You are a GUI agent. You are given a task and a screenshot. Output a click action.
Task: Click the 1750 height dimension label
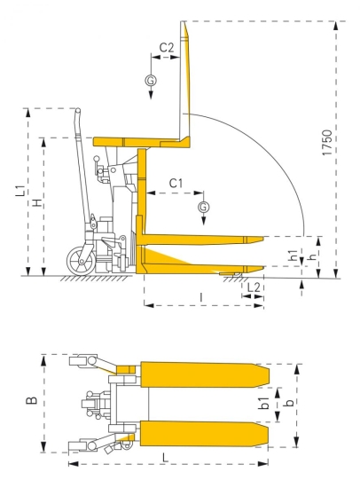click(327, 146)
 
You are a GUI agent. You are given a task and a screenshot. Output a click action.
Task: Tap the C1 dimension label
click(175, 183)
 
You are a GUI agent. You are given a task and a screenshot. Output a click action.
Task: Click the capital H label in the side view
click(35, 205)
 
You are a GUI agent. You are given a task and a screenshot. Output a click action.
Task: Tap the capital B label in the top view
click(31, 402)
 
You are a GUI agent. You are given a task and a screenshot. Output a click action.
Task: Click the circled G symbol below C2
click(150, 81)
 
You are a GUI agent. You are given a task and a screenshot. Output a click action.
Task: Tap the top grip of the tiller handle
click(77, 116)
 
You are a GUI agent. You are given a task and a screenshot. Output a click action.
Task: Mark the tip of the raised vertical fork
click(184, 25)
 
